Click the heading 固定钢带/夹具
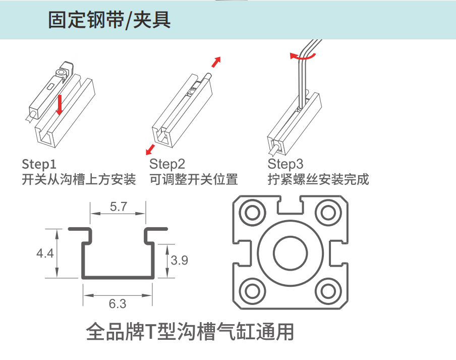[x=109, y=20]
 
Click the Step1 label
[x=39, y=164]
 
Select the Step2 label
[x=167, y=164]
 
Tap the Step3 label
[x=286, y=164]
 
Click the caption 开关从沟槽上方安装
[x=79, y=179]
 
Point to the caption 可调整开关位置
[x=194, y=179]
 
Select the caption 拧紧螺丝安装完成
[x=318, y=179]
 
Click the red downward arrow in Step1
[x=60, y=103]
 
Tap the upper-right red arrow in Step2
[x=216, y=62]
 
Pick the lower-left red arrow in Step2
[x=150, y=149]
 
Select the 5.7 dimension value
[x=118, y=207]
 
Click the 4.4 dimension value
[x=45, y=253]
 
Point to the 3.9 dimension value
[x=179, y=261]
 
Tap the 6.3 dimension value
[x=118, y=304]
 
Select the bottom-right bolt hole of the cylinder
[x=329, y=290]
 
